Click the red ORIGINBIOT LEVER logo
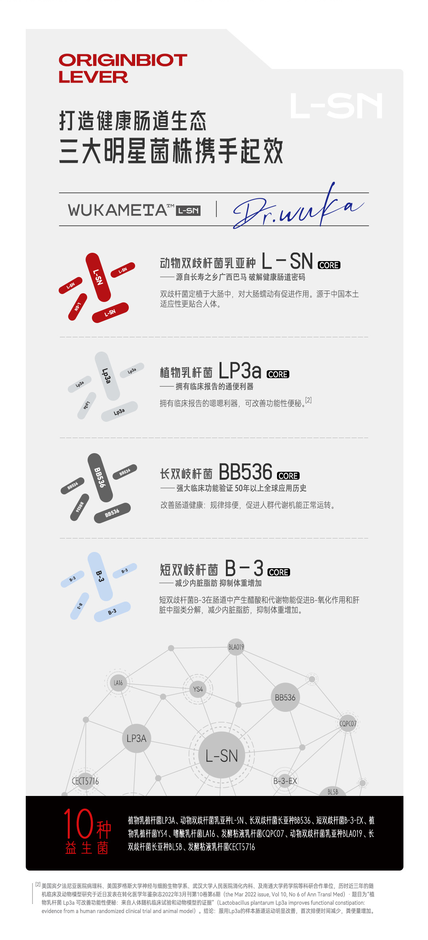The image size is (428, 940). click(x=122, y=68)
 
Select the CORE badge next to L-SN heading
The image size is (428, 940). click(x=329, y=265)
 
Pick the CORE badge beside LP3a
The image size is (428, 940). click(x=278, y=374)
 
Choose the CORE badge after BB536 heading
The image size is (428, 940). click(x=288, y=476)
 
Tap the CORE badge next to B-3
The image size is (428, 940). click(x=279, y=572)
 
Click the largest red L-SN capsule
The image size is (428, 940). click(x=98, y=277)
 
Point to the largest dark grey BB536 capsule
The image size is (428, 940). click(x=100, y=477)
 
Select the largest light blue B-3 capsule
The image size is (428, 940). click(x=100, y=576)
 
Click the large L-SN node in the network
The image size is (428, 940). click(x=222, y=755)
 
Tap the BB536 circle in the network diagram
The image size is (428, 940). click(x=285, y=697)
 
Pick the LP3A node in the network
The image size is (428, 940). click(x=136, y=738)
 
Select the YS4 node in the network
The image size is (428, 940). click(x=198, y=689)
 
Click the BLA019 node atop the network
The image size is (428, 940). click(x=236, y=647)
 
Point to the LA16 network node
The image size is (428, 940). click(x=118, y=683)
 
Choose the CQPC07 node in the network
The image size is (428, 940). click(x=348, y=723)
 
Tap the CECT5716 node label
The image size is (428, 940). click(x=85, y=781)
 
